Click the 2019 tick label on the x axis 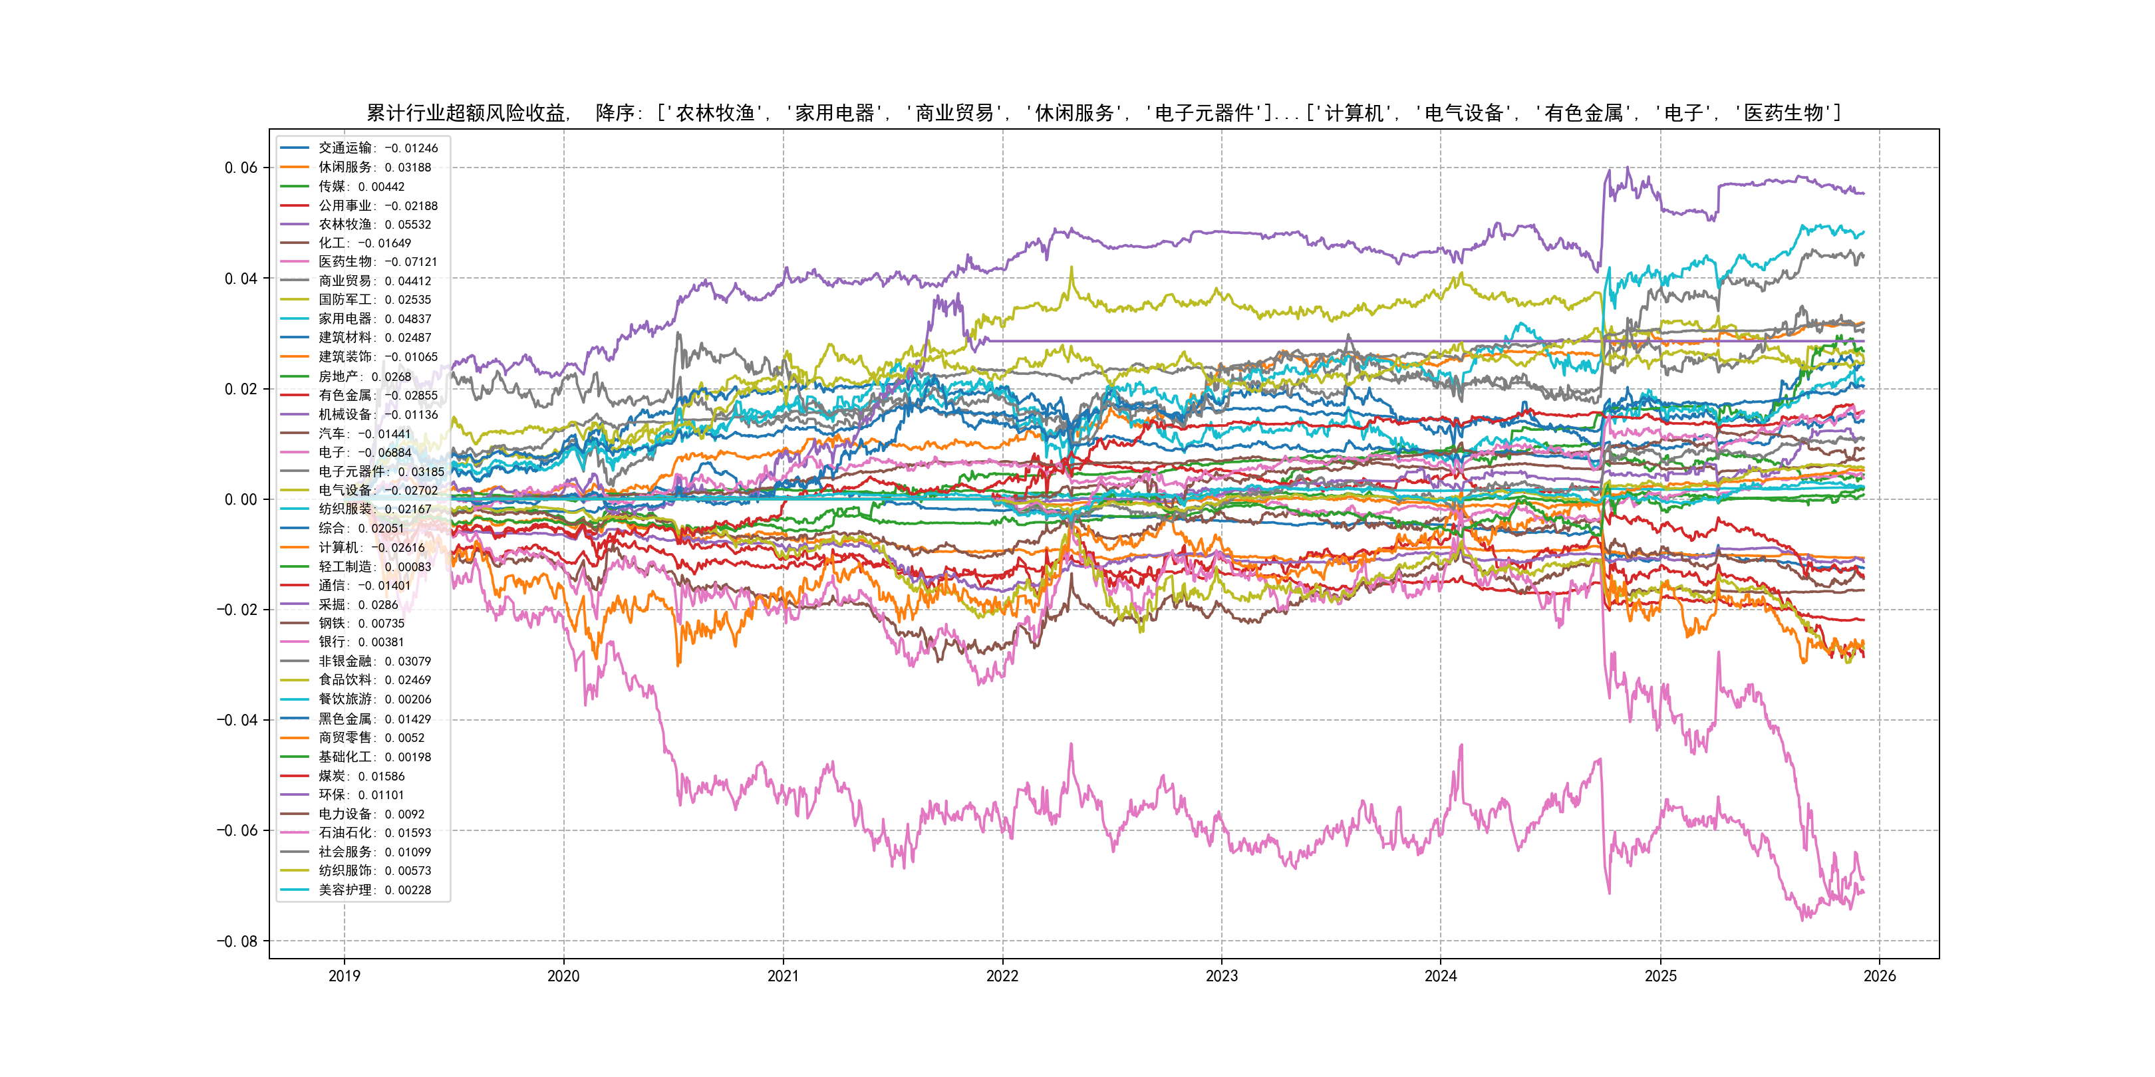344,976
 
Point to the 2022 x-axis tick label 1002,976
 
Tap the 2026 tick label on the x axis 1879,976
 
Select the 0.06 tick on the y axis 241,168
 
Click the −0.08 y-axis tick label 237,941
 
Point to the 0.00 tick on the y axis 241,499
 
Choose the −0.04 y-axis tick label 237,720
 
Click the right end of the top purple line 1863,193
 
